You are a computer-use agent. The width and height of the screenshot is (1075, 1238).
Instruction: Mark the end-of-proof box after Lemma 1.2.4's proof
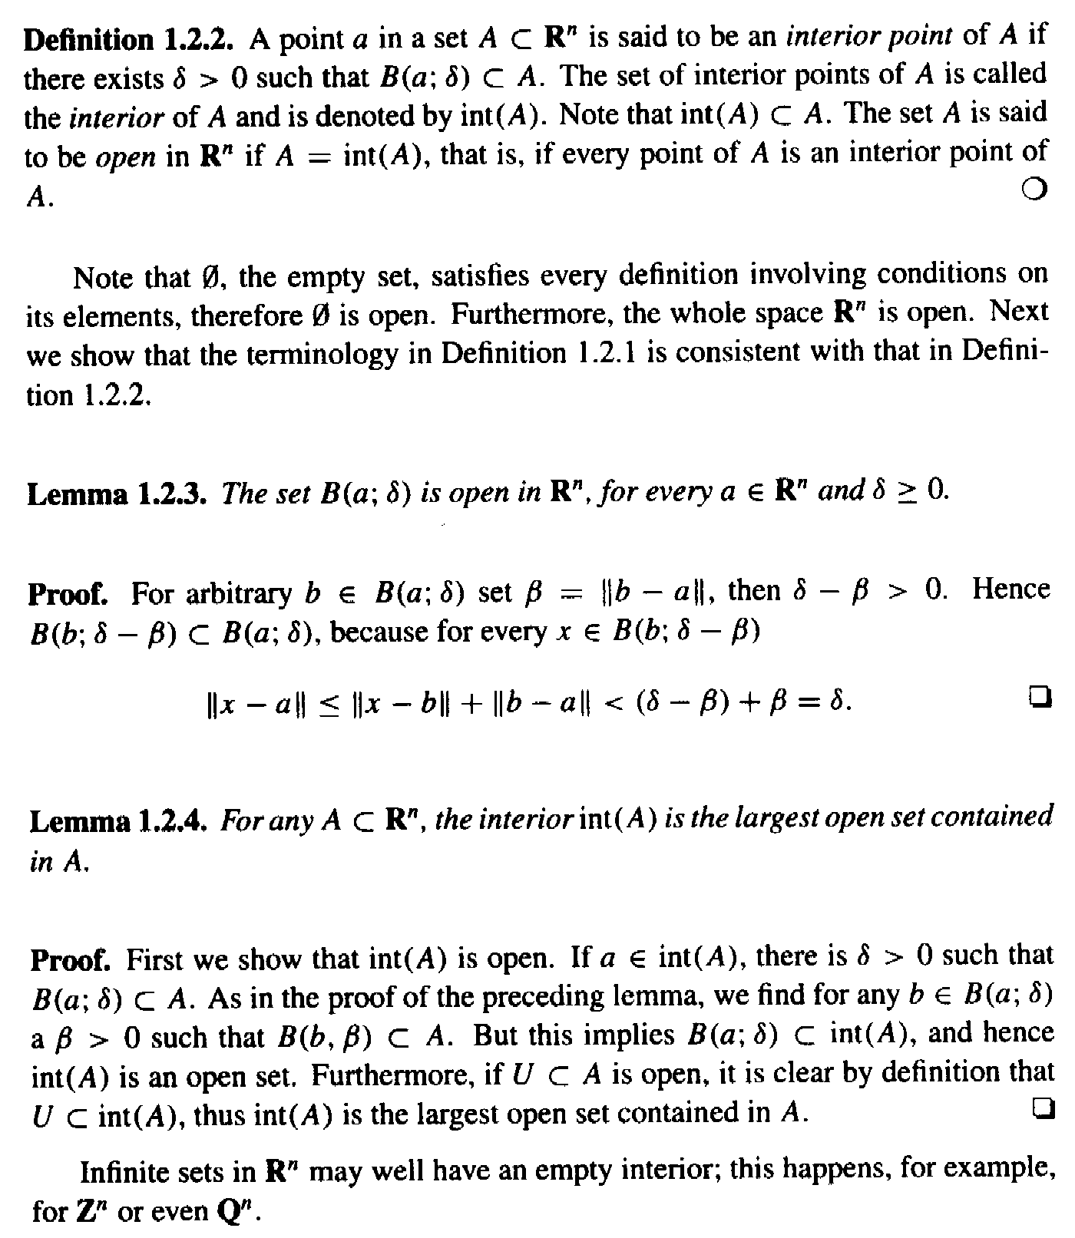(x=1042, y=1108)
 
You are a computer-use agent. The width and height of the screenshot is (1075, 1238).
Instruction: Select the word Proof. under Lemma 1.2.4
(x=71, y=959)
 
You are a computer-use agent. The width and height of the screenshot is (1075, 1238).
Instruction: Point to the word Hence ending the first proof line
(x=1010, y=589)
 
